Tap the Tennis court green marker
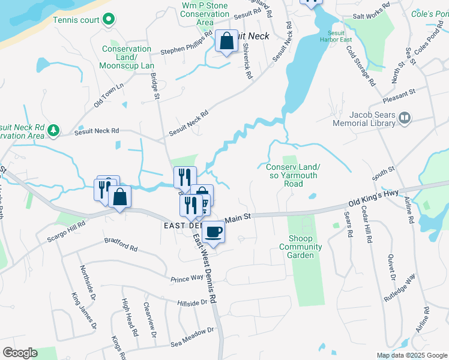pyautogui.click(x=108, y=20)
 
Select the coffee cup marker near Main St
pyautogui.click(x=213, y=232)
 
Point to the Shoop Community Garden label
pyautogui.click(x=301, y=247)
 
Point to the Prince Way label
pyautogui.click(x=187, y=278)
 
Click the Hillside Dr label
pyautogui.click(x=192, y=302)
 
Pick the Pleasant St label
pyautogui.click(x=399, y=93)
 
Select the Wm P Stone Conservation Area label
pyautogui.click(x=205, y=14)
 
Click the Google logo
pyautogui.click(x=20, y=353)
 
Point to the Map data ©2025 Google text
pyautogui.click(x=411, y=355)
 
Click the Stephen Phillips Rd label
pyautogui.click(x=187, y=43)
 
